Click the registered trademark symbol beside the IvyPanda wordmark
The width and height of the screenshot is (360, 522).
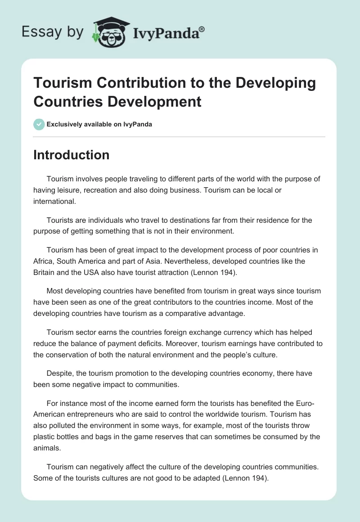tap(202, 29)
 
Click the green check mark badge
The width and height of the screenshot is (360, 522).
tap(39, 124)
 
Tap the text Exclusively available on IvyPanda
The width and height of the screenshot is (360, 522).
tap(99, 125)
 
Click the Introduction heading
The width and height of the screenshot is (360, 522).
tap(71, 155)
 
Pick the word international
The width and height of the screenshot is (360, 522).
tap(54, 202)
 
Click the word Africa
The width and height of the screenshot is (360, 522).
tap(43, 261)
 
